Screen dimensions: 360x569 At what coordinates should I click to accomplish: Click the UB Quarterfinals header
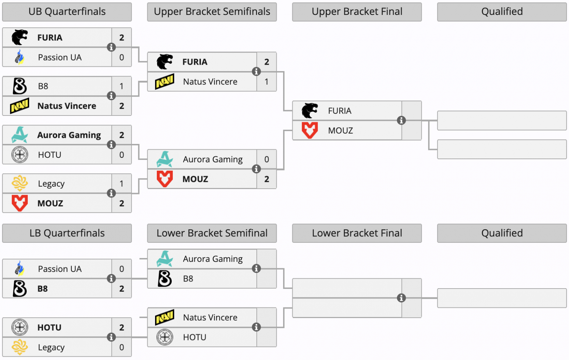67,12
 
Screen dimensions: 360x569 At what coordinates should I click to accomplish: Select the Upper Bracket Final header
357,12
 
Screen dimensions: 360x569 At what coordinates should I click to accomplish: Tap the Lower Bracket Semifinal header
212,233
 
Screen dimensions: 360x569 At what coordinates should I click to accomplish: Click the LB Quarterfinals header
67,233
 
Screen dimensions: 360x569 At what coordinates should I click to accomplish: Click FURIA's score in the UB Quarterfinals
122,37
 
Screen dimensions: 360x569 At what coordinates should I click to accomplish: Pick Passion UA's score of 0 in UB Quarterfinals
122,57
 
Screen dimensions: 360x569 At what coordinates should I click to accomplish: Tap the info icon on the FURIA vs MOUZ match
401,120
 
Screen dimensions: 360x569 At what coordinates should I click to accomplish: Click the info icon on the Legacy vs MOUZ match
111,193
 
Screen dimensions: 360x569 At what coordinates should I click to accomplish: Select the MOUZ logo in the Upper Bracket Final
310,130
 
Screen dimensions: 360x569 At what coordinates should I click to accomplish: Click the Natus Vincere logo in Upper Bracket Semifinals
165,81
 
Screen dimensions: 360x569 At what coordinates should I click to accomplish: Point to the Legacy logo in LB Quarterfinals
20,347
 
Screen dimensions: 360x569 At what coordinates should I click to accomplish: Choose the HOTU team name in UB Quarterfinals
50,155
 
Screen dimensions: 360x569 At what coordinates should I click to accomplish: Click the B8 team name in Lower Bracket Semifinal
188,279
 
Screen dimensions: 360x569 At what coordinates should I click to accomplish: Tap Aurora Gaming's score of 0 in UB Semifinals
267,159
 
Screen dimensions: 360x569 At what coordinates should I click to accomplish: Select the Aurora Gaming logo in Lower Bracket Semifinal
165,259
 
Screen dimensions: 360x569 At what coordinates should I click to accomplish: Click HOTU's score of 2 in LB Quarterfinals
122,327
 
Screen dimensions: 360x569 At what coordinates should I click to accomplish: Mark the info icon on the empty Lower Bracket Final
401,298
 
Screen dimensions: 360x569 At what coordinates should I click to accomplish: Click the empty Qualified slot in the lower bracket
502,298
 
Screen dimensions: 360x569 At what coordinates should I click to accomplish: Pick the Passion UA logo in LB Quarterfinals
20,269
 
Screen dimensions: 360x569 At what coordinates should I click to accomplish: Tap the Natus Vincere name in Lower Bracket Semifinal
210,317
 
